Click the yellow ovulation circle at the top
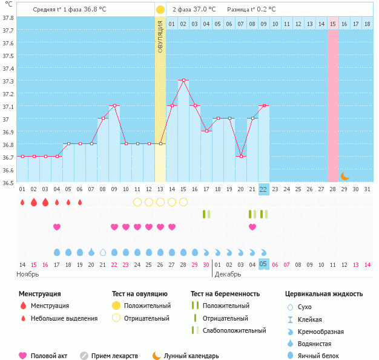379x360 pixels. coord(160,10)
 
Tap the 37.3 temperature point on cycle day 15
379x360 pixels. coord(183,80)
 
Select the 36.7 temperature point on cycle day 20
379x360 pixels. coord(241,156)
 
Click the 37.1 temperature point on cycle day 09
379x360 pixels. coord(114,105)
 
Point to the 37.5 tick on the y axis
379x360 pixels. coord(8,56)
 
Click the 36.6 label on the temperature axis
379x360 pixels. coord(8,170)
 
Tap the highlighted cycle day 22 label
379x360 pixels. coord(263,189)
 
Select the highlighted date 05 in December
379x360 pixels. coord(263,264)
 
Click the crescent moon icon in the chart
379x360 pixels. coord(344,176)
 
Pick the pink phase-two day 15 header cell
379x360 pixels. coord(333,24)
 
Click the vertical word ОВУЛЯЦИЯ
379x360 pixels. coord(160,36)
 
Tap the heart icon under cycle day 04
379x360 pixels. coord(57,227)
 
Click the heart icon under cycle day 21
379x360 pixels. coord(252,227)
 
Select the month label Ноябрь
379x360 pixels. coord(28,274)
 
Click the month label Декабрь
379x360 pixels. coord(228,274)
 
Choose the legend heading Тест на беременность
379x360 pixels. coord(225,294)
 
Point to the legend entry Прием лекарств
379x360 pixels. coord(114,356)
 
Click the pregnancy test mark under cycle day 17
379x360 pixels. coord(206,214)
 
